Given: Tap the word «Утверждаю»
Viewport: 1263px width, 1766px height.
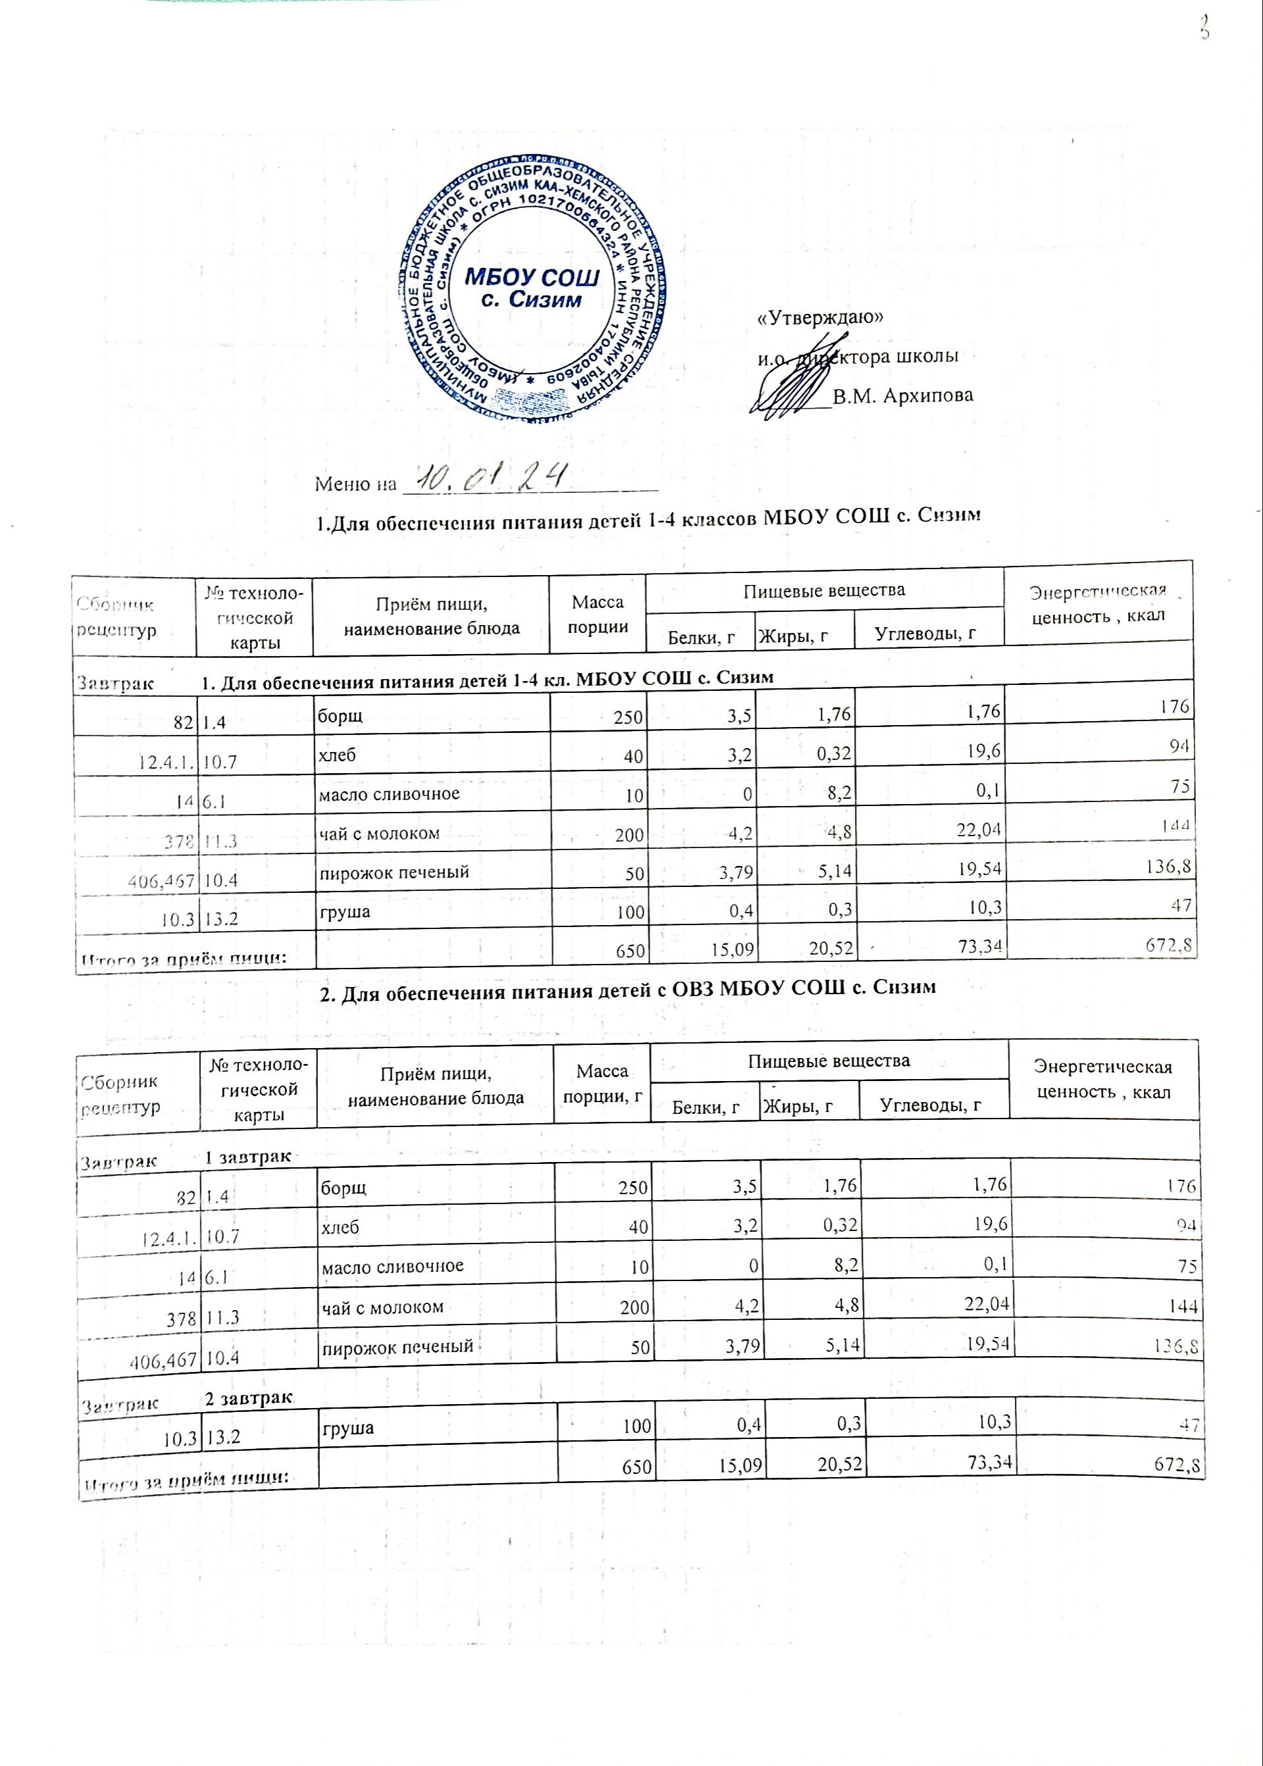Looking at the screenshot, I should (821, 318).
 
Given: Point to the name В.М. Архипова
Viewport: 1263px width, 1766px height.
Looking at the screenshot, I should (902, 395).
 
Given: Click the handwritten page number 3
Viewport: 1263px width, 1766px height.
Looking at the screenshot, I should (1204, 29).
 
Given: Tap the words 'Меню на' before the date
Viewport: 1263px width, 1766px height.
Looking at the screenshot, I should (355, 485).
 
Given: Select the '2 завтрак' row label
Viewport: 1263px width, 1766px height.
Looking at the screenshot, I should (249, 1399).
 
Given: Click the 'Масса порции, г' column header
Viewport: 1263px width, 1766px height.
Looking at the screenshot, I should (602, 1084).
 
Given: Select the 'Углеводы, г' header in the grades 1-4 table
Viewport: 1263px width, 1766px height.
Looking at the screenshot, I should (925, 634).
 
